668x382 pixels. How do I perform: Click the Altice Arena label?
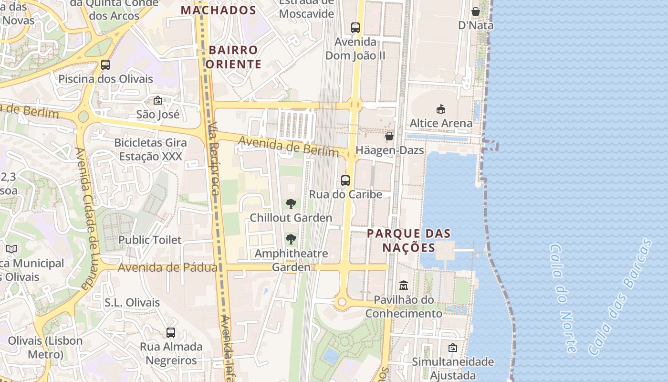[x=441, y=123]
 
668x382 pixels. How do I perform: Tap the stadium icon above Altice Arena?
[x=440, y=109]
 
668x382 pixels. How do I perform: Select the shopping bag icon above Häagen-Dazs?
[x=389, y=136]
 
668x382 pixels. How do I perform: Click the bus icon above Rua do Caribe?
[x=345, y=180]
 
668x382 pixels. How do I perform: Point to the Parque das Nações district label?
[x=409, y=240]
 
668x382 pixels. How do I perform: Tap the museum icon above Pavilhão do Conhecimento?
[x=404, y=286]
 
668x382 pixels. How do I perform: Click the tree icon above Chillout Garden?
[x=291, y=204]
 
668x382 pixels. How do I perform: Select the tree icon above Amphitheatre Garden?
[x=291, y=239]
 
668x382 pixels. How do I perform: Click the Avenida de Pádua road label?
[x=167, y=267]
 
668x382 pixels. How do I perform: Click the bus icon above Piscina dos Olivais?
[x=105, y=65]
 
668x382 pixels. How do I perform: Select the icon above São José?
[x=158, y=100]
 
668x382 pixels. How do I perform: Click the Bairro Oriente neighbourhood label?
[x=234, y=57]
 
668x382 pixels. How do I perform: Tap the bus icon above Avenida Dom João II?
[x=355, y=28]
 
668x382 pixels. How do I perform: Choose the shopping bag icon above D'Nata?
[x=476, y=11]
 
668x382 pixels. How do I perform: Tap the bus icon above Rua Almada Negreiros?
[x=171, y=332]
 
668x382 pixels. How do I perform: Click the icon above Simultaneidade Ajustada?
[x=452, y=348]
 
